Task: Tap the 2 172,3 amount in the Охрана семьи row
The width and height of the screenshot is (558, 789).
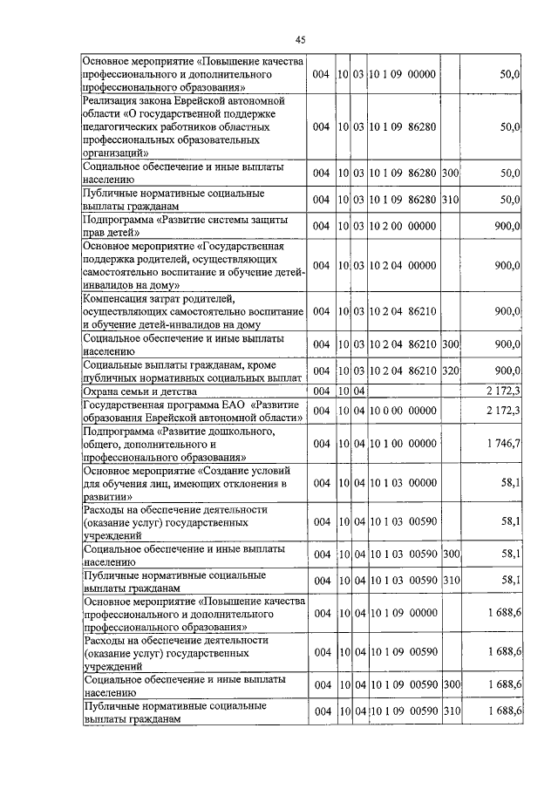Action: [x=504, y=390]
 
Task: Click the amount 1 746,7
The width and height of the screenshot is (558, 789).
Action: [x=504, y=444]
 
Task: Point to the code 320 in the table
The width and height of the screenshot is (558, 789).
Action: [x=450, y=371]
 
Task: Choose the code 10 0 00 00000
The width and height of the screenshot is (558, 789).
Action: [x=402, y=410]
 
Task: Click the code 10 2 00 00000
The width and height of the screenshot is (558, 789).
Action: [x=402, y=226]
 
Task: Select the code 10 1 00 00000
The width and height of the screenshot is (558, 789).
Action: [x=402, y=444]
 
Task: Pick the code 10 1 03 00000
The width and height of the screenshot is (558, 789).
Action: [x=402, y=482]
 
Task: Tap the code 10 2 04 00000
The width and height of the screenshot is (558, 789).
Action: [x=402, y=265]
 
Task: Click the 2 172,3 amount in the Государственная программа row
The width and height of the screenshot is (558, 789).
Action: [x=504, y=410]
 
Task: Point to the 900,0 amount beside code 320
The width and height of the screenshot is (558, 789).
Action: [x=507, y=371]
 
